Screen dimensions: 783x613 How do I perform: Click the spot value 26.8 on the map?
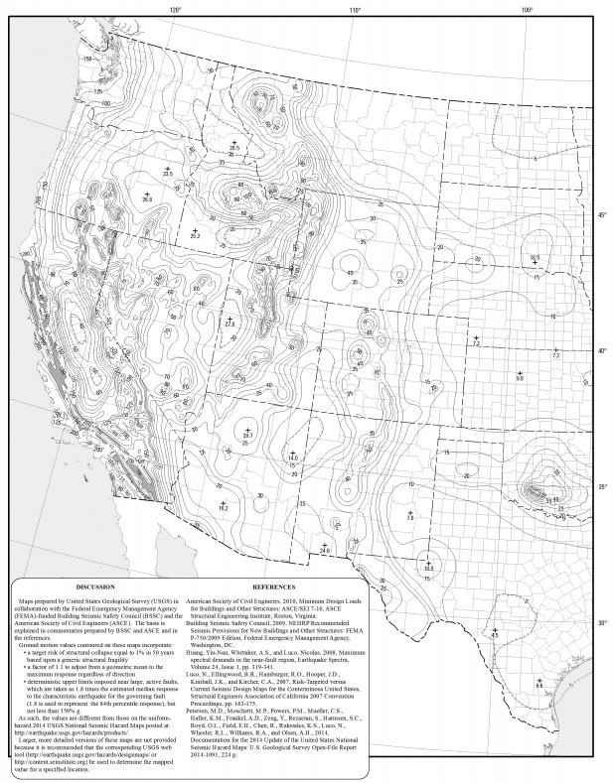point(148,200)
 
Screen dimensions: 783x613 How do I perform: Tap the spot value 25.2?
point(195,236)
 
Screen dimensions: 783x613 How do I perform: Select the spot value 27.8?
point(230,324)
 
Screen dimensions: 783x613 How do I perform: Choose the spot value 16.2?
point(224,507)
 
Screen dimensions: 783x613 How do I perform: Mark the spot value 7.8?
point(410,517)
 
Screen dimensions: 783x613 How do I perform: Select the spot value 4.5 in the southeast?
point(495,635)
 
